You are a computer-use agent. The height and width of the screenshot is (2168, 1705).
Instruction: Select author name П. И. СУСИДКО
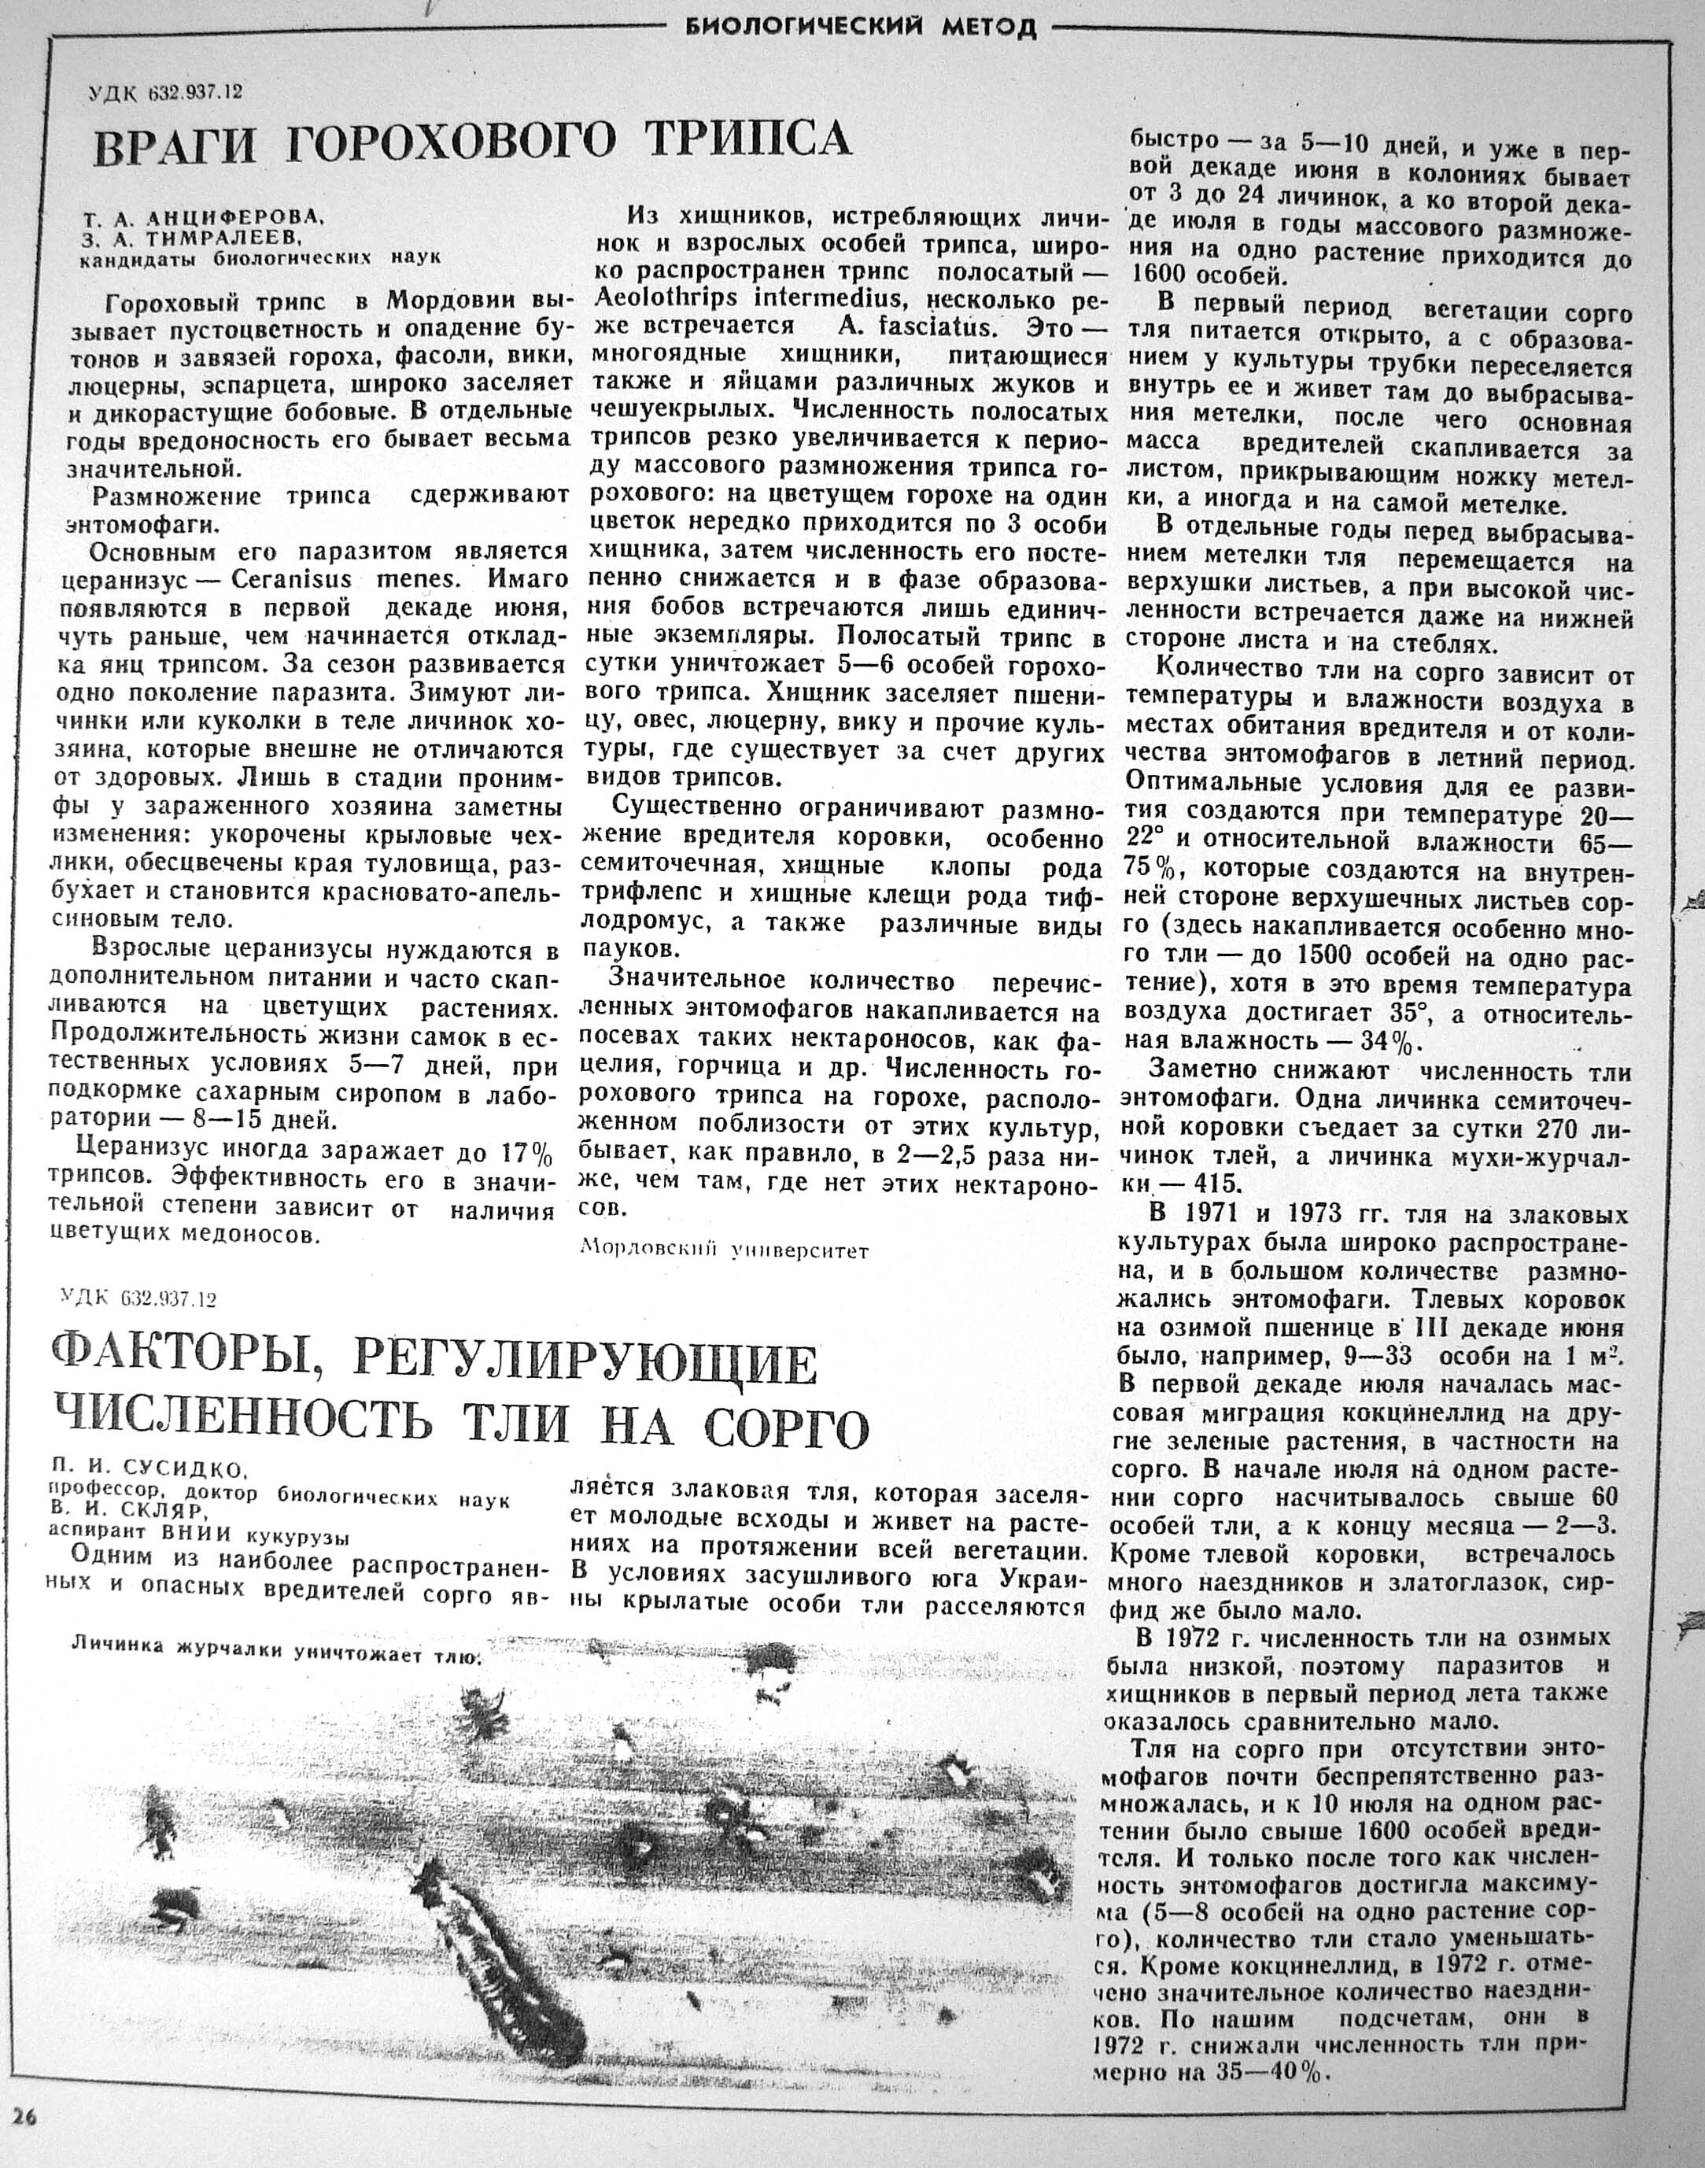(x=151, y=1470)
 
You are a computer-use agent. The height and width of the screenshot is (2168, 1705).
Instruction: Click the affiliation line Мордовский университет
(x=725, y=1250)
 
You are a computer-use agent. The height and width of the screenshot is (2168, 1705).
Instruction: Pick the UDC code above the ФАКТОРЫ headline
(x=138, y=1298)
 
